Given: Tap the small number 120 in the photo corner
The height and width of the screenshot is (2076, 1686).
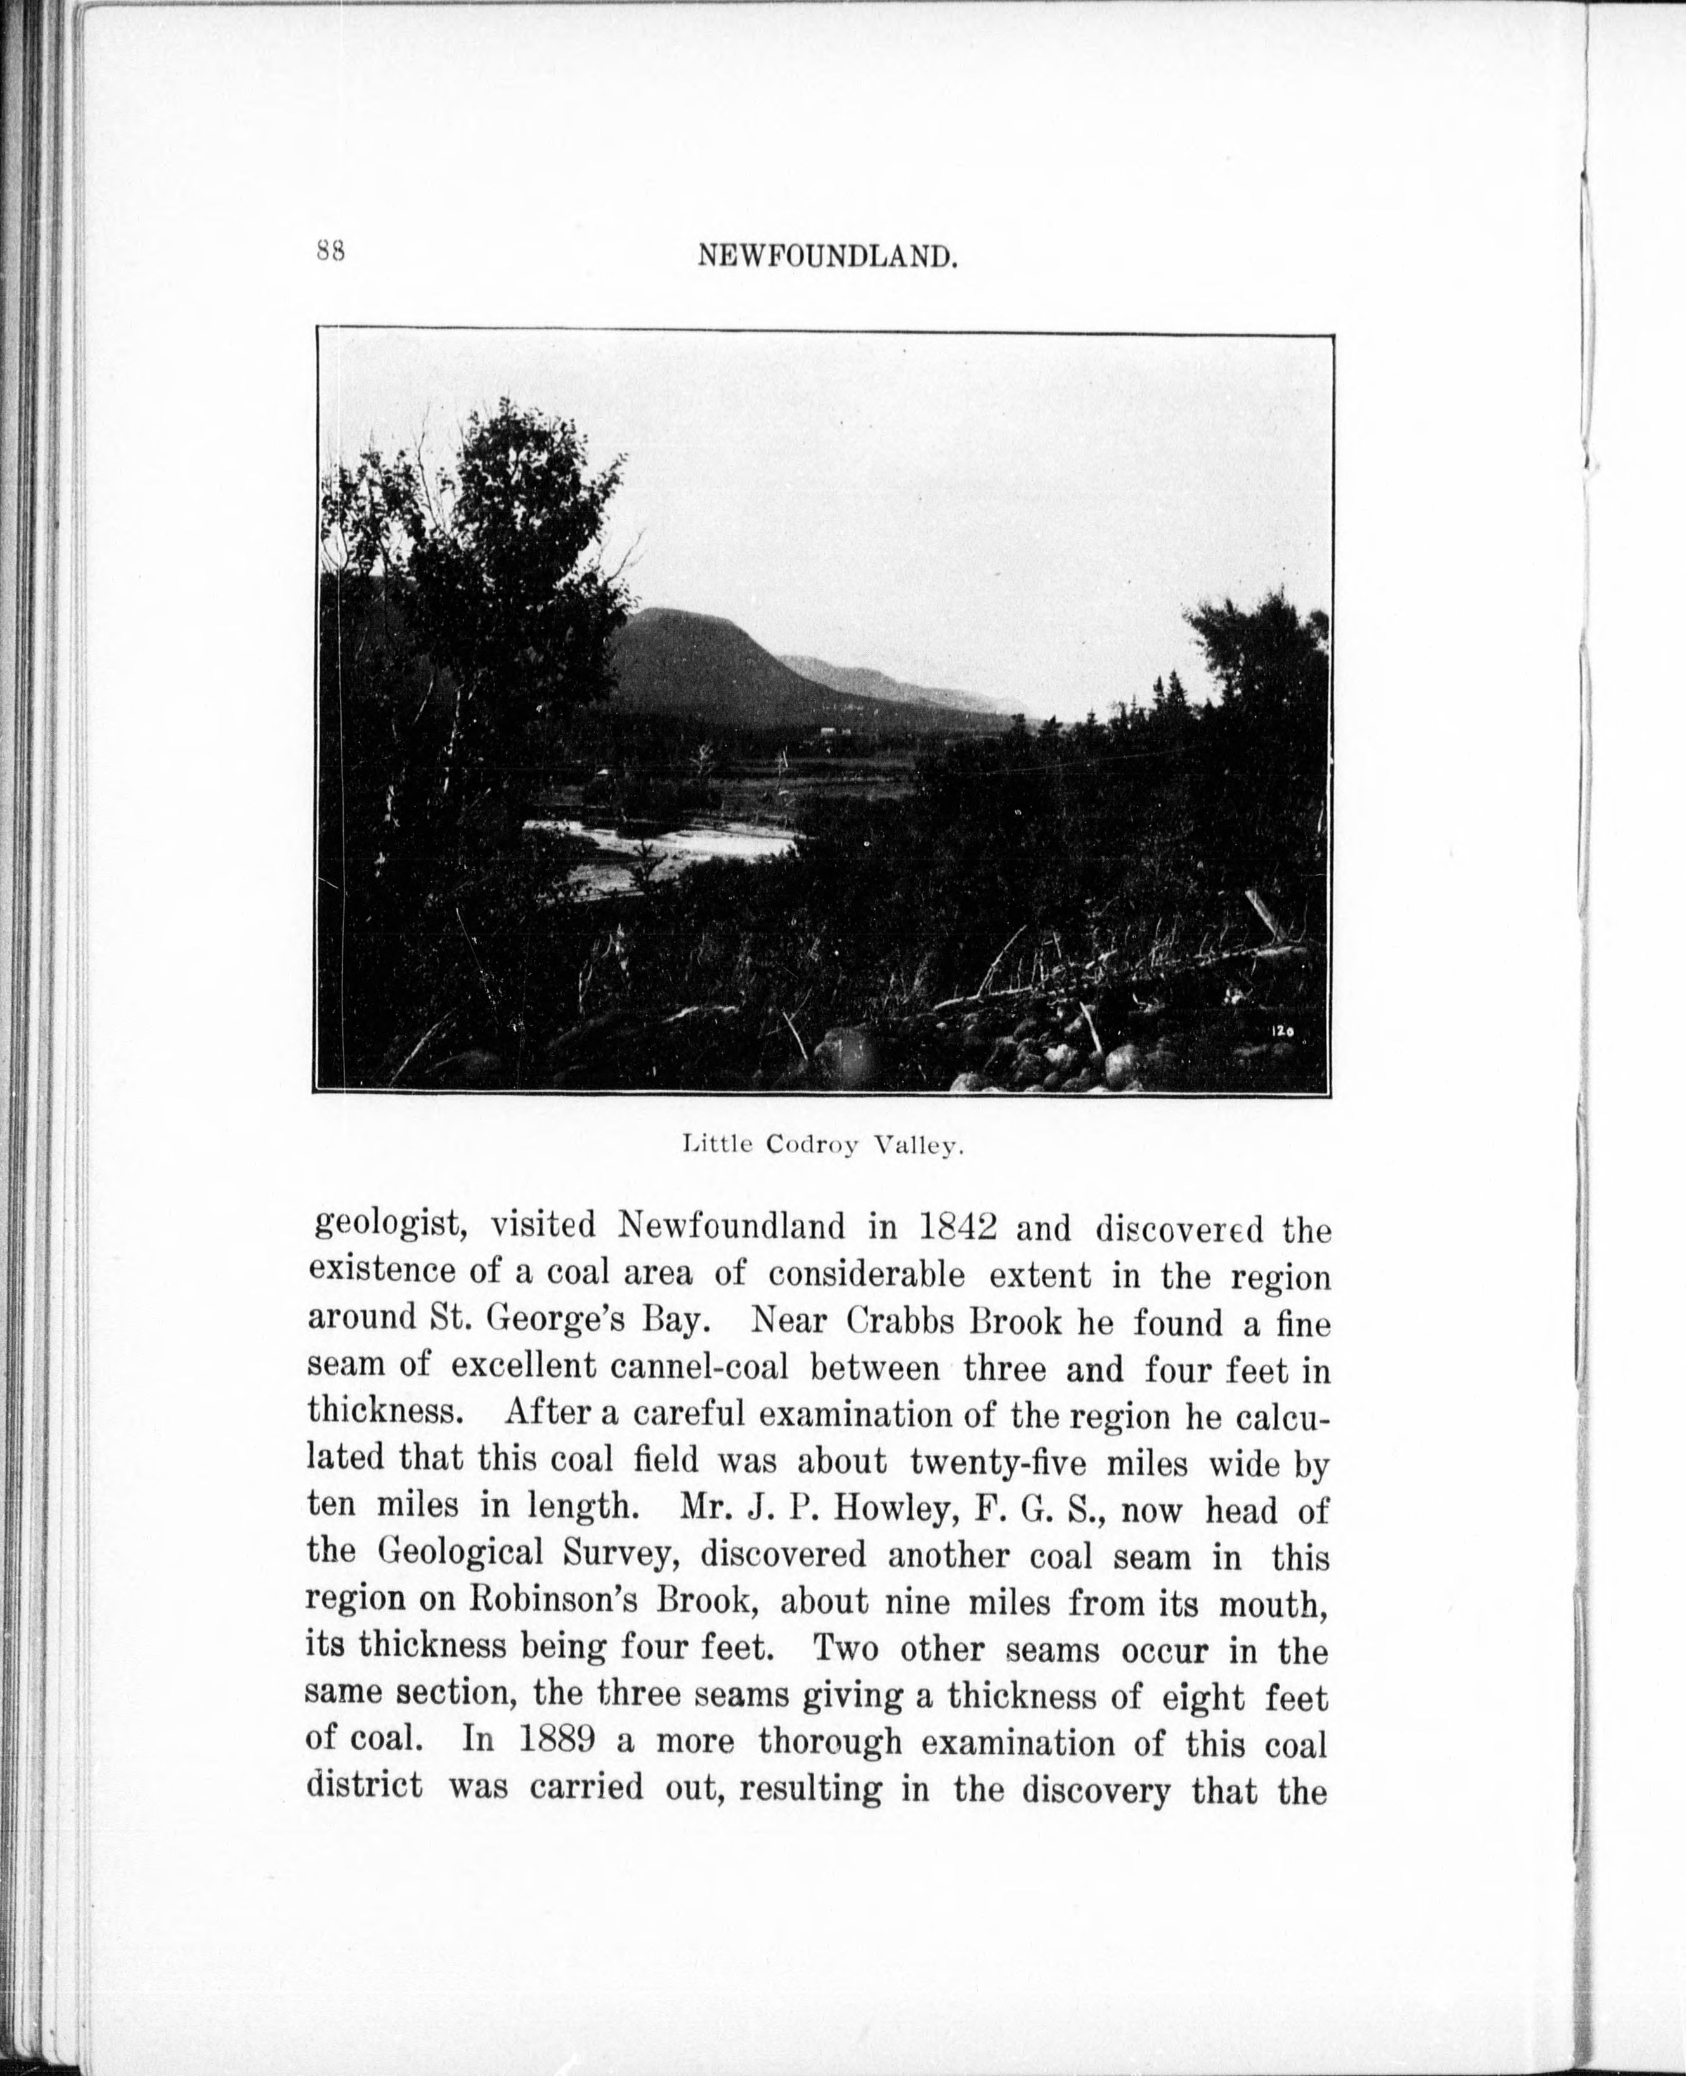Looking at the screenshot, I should pos(1282,1034).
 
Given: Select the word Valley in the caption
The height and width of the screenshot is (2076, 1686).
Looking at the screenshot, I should pos(916,1146).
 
